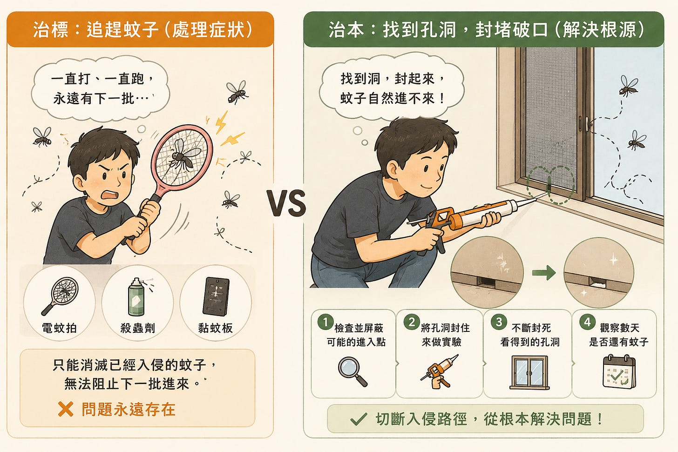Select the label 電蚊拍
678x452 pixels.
[x=59, y=328]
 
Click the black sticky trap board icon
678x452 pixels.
[x=216, y=297]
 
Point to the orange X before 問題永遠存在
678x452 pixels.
[x=66, y=409]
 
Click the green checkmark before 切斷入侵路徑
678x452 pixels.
[x=359, y=419]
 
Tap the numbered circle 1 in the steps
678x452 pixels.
[x=325, y=322]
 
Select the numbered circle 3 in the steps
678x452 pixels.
[x=499, y=322]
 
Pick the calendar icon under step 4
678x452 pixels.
[x=619, y=372]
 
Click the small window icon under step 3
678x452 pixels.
[x=529, y=372]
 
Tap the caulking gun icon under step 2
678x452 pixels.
[x=440, y=371]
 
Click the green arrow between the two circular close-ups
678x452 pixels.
[x=543, y=273]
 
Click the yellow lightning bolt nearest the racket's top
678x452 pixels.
[x=221, y=122]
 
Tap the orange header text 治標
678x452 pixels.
[x=50, y=30]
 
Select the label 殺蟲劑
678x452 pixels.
[x=137, y=328]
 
